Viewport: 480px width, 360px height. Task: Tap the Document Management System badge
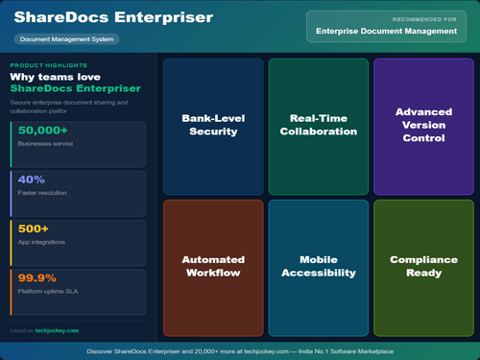67,39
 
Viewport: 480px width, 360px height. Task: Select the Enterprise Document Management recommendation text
386,32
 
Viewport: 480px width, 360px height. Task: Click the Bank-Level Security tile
213,124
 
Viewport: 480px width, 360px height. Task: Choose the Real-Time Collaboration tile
318,124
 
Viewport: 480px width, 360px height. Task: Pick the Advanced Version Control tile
423,125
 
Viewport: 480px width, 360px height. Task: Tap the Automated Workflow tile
213,266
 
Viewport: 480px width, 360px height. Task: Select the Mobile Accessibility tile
318,266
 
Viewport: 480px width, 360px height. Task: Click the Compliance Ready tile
423,266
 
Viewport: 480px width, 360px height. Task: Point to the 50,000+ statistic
44,130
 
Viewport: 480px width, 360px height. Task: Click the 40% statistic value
32,179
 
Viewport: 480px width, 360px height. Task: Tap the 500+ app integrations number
35,228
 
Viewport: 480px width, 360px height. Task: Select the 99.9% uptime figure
37,277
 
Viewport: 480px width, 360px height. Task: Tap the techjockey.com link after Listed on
58,330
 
